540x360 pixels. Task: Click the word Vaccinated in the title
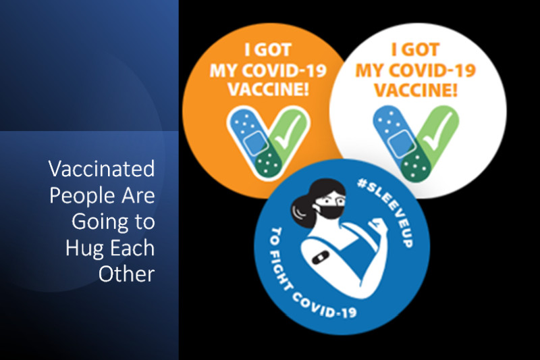pyautogui.click(x=102, y=168)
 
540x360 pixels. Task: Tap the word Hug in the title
pyautogui.click(x=81, y=249)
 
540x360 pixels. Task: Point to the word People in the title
pyautogui.click(x=82, y=196)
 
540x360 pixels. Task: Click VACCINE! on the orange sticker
pyautogui.click(x=268, y=89)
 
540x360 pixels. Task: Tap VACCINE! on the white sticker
pyautogui.click(x=416, y=90)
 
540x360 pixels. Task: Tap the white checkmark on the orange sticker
pyautogui.click(x=288, y=132)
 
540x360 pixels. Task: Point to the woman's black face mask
pyautogui.click(x=330, y=209)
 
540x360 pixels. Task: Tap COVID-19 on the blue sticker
pyautogui.click(x=325, y=306)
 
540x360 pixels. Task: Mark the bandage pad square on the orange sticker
pyautogui.click(x=255, y=143)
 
